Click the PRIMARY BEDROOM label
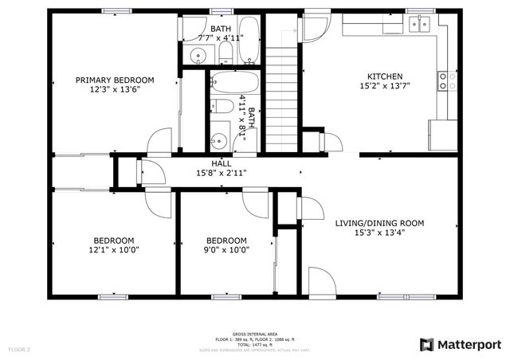115,80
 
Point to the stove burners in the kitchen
447,80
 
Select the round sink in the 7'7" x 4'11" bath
198,55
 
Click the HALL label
221,162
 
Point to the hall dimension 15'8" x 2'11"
221,172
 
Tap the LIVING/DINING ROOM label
379,223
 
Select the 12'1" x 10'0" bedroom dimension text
114,249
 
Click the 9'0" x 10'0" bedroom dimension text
226,249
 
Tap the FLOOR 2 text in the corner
19,349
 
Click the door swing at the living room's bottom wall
320,282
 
